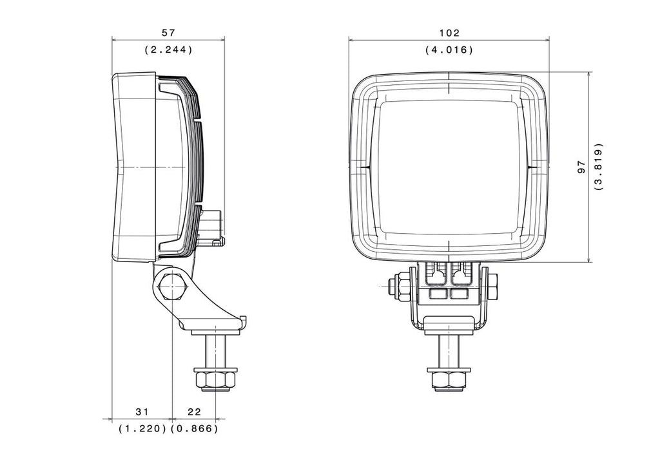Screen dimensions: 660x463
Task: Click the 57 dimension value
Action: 168,32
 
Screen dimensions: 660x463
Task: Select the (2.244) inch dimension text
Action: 168,50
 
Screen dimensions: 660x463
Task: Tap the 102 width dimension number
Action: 449,32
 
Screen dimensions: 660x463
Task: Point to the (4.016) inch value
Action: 449,50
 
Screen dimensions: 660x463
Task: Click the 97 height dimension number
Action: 581,167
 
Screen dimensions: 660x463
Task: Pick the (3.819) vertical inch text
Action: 599,167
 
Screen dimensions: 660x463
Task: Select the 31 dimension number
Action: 142,411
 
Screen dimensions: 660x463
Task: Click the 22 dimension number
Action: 194,411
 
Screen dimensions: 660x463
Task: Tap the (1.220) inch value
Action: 142,428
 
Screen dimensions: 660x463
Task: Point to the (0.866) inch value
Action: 194,428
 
